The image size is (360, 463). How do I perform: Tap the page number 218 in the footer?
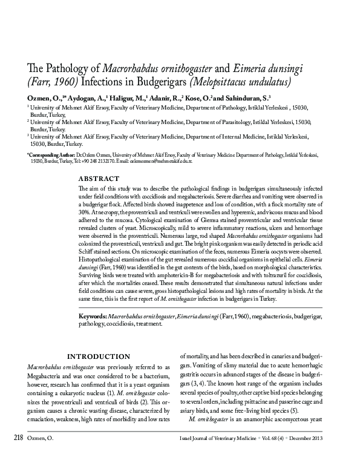click(x=16, y=453)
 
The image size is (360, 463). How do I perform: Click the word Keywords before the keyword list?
click(x=93, y=316)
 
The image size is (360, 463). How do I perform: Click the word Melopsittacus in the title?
click(x=230, y=81)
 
